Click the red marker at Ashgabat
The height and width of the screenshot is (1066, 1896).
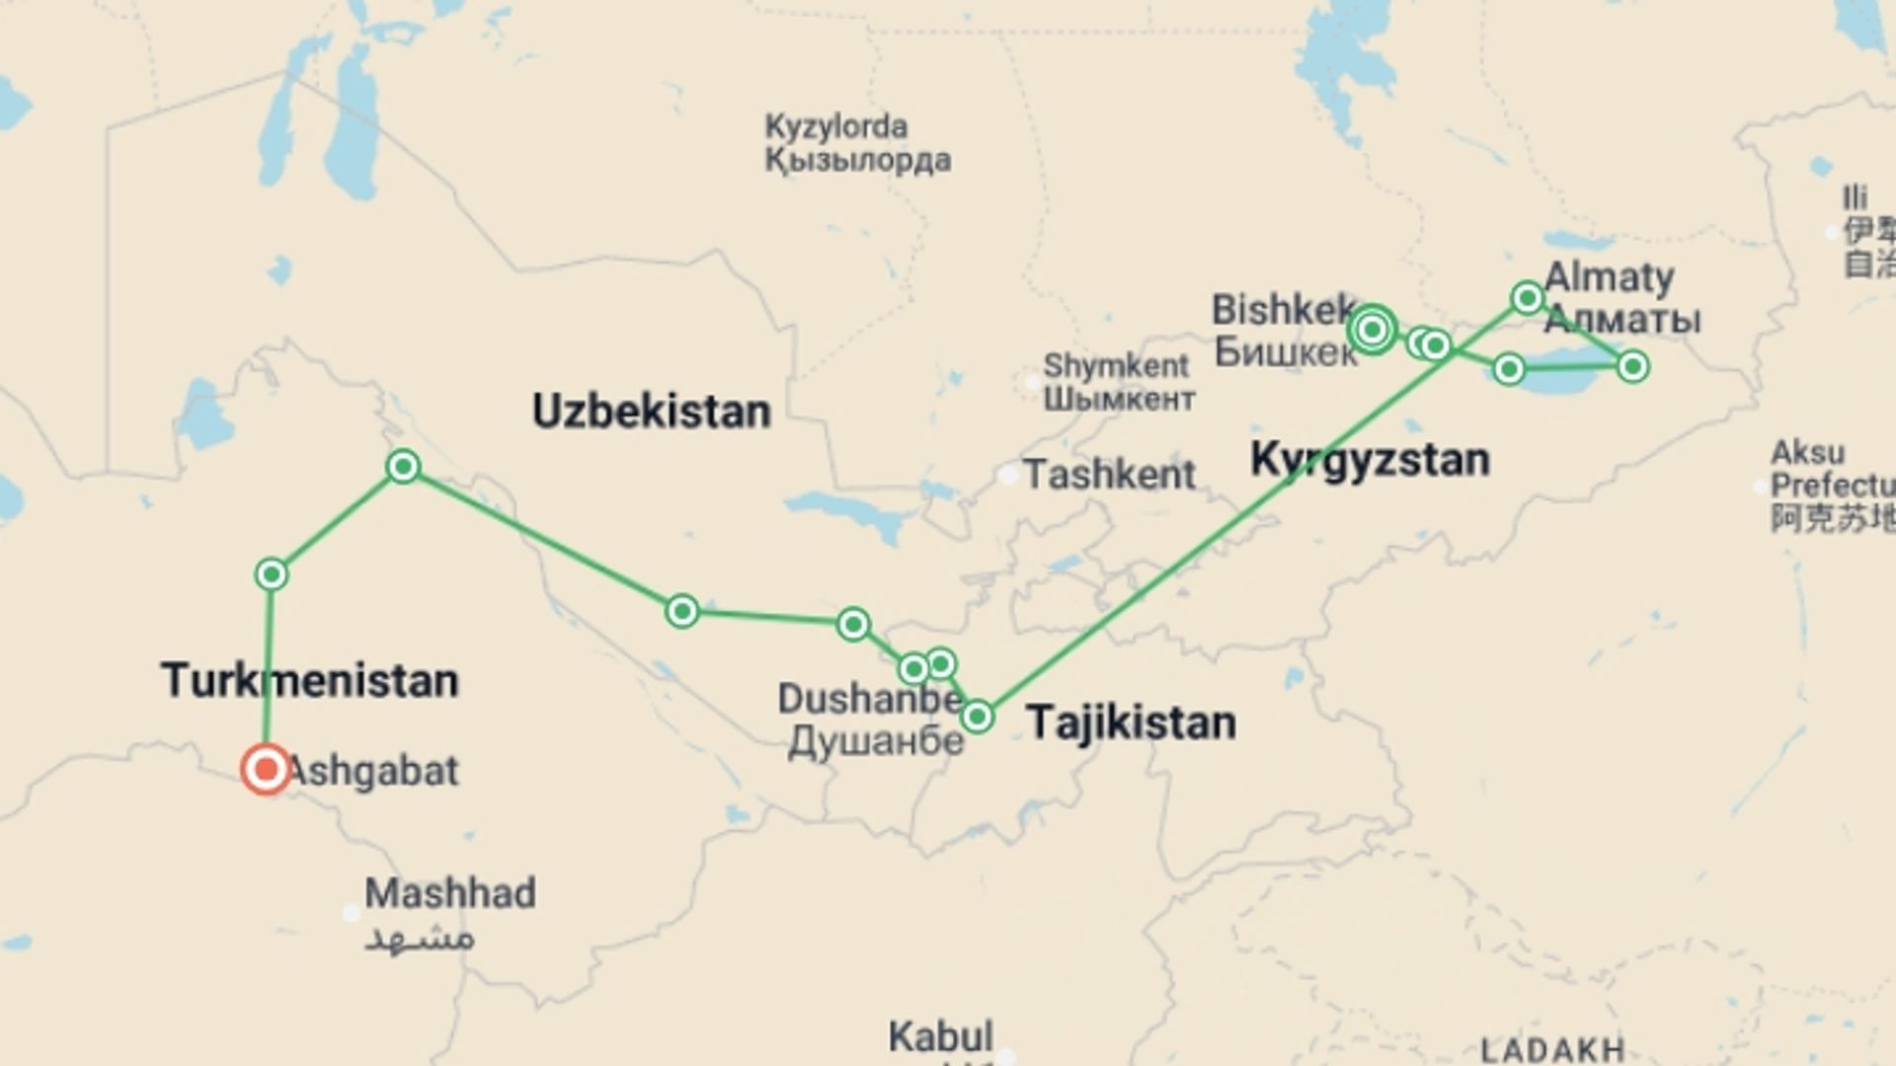pyautogui.click(x=266, y=769)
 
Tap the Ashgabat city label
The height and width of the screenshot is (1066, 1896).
pyautogui.click(x=373, y=771)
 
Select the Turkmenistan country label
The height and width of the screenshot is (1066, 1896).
pyautogui.click(x=310, y=681)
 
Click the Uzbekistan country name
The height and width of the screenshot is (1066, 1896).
pyautogui.click(x=652, y=411)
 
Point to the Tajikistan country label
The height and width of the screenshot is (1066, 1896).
pyautogui.click(x=1131, y=723)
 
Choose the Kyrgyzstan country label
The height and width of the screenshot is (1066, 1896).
pyautogui.click(x=1370, y=460)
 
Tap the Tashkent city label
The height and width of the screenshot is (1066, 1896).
pyautogui.click(x=1109, y=475)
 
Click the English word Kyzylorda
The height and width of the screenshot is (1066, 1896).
pyautogui.click(x=836, y=126)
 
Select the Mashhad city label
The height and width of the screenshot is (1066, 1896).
pyautogui.click(x=450, y=893)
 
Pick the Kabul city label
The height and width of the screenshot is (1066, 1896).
pyautogui.click(x=940, y=1036)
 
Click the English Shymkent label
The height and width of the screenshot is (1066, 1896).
pyautogui.click(x=1116, y=365)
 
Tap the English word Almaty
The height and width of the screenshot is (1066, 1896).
pyautogui.click(x=1610, y=277)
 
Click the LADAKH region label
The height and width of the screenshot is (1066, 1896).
pyautogui.click(x=1552, y=1050)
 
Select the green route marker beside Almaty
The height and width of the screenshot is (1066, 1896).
pyautogui.click(x=1528, y=297)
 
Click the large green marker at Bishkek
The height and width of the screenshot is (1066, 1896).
pyautogui.click(x=1372, y=329)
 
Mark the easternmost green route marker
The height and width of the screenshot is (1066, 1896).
pyautogui.click(x=1633, y=367)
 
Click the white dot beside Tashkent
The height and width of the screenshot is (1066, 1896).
pyautogui.click(x=1007, y=476)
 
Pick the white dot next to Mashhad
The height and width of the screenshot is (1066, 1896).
pyautogui.click(x=352, y=913)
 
